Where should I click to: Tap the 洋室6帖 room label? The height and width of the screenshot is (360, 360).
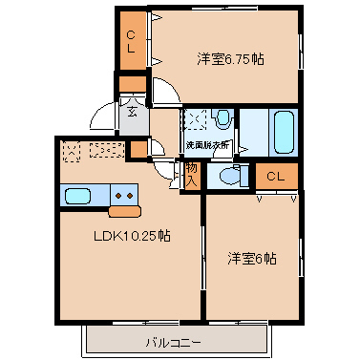252,259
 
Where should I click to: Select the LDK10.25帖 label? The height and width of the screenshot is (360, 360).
131,236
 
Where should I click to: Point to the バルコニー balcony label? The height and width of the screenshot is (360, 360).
173,341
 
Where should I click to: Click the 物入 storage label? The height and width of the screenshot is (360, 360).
191,174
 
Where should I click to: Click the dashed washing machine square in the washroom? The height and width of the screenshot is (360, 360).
198,120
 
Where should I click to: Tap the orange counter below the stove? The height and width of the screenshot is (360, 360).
125,211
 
